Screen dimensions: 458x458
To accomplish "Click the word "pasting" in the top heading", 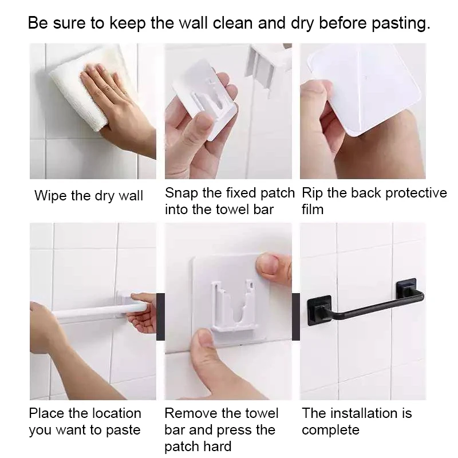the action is coord(401,23).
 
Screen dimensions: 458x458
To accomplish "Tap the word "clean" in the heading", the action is coord(232,23).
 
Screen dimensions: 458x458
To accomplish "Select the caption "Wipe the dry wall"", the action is coord(89,195).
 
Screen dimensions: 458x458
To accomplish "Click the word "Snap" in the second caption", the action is coord(181,194).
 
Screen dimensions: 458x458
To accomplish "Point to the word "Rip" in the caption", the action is coord(312,194).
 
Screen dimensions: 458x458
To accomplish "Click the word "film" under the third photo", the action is coord(313,210).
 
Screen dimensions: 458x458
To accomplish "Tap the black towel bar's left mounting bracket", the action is coord(319,310).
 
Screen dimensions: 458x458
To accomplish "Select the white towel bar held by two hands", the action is coord(99,310).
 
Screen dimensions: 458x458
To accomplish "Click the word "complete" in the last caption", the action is coord(330,430).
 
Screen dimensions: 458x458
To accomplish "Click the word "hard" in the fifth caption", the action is coord(217,447).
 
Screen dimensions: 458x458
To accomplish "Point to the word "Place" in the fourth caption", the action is coord(47,413).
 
